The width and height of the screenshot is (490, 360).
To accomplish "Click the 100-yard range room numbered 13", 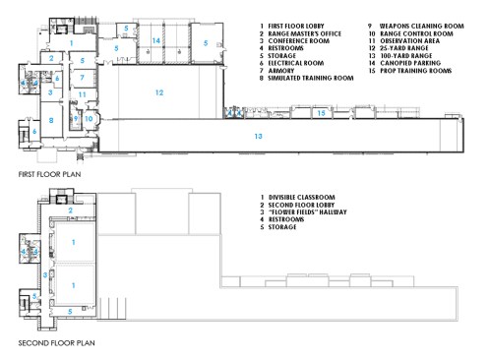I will pyautogui.click(x=258, y=135).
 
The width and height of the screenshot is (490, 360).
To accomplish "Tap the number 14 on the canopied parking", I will pyautogui.click(x=156, y=40).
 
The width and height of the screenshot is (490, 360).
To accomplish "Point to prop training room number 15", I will pyautogui.click(x=322, y=113).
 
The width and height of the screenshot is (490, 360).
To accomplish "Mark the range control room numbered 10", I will pyautogui.click(x=90, y=118).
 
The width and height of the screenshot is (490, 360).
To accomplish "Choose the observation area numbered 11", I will pyautogui.click(x=83, y=94).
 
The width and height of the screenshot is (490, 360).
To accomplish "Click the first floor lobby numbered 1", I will pyautogui.click(x=71, y=44).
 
